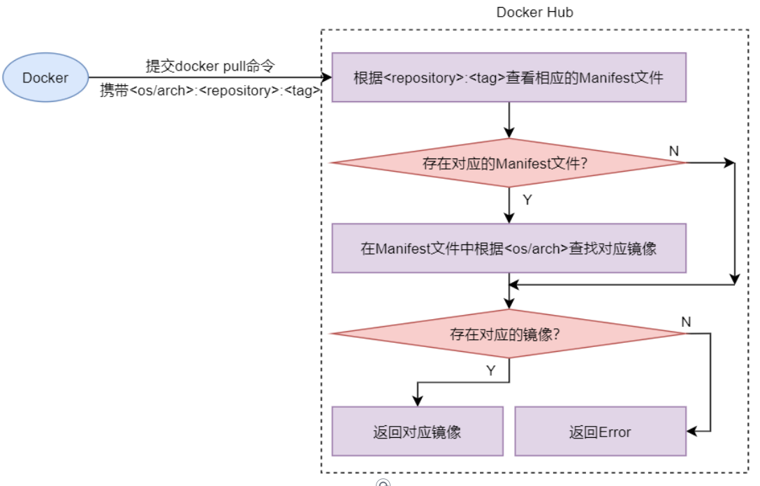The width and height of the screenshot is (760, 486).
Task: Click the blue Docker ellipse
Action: tap(45, 78)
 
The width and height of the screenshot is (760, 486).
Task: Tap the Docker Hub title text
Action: tap(534, 13)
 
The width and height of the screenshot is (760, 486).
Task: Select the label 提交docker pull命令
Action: tap(210, 66)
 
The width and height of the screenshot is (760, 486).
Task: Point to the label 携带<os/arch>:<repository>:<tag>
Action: tap(210, 91)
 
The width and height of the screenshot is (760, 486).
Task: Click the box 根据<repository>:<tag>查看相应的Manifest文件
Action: tap(509, 78)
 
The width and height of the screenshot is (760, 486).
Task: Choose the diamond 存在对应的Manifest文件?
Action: tap(509, 163)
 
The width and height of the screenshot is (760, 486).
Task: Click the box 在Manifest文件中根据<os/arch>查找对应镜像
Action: tap(509, 248)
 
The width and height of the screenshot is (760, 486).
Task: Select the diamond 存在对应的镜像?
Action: tap(509, 334)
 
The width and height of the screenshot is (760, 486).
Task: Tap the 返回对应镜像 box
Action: tap(417, 432)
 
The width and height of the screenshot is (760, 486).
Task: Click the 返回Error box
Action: tap(600, 432)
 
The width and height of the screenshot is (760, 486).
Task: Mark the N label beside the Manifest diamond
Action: tap(673, 151)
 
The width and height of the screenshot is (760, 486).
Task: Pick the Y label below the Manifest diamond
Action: tap(527, 200)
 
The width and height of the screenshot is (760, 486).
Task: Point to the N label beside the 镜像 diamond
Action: tap(686, 322)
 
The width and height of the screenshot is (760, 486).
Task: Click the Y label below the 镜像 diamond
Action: tap(491, 371)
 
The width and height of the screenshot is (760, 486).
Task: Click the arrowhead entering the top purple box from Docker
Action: tap(327, 78)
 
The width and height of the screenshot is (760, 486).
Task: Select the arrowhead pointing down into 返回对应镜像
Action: tap(417, 402)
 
